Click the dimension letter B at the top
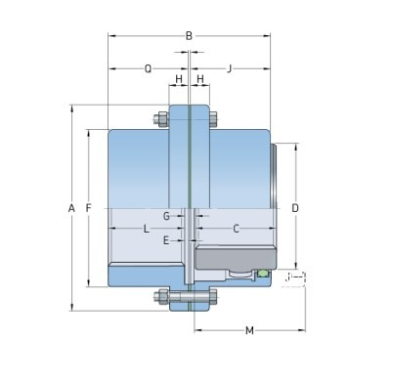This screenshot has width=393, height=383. click(189, 36)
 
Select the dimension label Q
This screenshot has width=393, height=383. click(148, 68)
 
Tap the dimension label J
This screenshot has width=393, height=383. click(228, 68)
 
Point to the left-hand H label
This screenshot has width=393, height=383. click(178, 78)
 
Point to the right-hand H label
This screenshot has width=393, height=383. click(199, 78)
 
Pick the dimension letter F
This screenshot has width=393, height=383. click(89, 208)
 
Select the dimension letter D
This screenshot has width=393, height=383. click(294, 208)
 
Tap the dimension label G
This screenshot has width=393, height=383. click(166, 215)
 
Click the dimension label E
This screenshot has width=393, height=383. click(166, 239)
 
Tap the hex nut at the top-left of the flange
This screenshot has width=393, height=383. click(158, 121)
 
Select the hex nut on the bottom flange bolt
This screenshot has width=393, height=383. click(159, 296)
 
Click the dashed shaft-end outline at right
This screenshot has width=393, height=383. click(293, 278)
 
